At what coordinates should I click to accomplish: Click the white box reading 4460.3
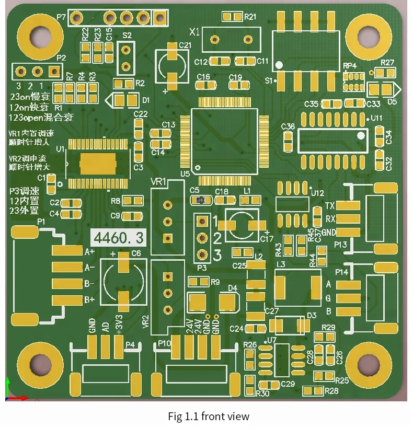[x=119, y=238]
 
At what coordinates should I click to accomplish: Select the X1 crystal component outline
[x=231, y=40]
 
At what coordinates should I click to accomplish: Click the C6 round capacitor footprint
[x=123, y=282]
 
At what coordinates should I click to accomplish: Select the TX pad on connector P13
[x=348, y=206]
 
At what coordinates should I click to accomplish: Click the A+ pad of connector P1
[x=67, y=251]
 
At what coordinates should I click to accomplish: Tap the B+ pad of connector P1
[x=67, y=300]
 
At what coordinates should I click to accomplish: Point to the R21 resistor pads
[x=232, y=17]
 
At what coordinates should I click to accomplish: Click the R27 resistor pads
[x=387, y=72]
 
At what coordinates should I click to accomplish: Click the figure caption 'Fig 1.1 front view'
[x=209, y=417]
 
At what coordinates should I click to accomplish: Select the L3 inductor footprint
[x=297, y=287]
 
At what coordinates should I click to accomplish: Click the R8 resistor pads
[x=133, y=201]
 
